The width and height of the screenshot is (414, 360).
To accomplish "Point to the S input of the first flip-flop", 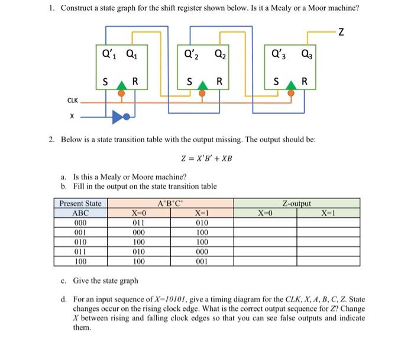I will (105, 81).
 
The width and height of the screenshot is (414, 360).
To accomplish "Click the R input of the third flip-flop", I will (305, 81).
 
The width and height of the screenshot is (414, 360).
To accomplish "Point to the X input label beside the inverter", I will (72, 117).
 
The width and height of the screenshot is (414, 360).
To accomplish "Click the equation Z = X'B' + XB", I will (206, 158).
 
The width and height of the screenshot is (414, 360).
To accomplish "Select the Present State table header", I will (80, 204).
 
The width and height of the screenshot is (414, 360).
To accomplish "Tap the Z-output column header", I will (297, 204).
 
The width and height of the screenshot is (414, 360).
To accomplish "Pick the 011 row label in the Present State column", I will (80, 251).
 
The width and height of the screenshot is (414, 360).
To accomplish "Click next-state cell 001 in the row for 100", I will (202, 261).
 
